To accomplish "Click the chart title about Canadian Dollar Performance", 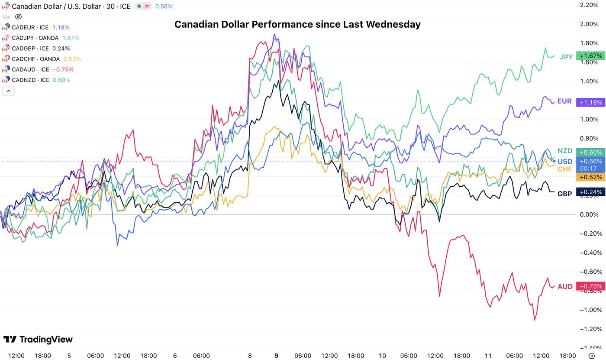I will coord(297,25).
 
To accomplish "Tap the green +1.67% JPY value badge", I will coord(590,56).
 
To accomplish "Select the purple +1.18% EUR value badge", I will coord(590,102).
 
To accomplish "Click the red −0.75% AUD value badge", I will coord(590,286).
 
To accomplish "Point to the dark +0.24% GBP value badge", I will coord(590,192).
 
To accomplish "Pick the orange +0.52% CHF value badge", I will coord(590,177).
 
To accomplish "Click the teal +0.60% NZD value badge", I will coord(590,152).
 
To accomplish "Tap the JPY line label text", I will coord(566,57).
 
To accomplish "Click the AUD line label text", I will coord(565,287).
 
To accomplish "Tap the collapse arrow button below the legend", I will coord(9,91).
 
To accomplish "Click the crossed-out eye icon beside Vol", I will coord(18,17).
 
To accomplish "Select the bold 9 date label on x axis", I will coord(276,356).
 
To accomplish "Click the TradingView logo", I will coord(38,339).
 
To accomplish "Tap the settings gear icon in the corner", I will coord(592,356).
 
